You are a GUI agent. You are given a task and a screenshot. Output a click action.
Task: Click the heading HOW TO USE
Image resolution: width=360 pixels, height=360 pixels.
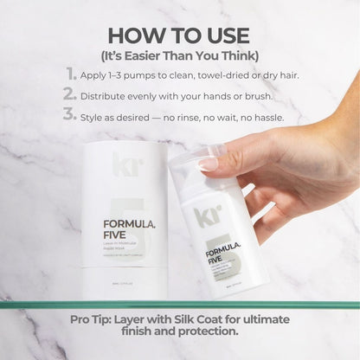179,35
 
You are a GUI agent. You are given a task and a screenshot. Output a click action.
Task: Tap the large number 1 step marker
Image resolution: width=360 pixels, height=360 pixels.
69,74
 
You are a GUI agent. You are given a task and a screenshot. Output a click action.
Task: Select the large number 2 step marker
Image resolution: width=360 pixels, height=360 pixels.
69,95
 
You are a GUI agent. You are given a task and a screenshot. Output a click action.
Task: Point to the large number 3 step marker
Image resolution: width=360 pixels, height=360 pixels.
69,115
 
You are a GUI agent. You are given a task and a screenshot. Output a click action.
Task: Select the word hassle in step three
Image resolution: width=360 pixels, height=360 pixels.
264,116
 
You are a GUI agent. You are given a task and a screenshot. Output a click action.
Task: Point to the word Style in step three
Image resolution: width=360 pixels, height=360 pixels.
99,116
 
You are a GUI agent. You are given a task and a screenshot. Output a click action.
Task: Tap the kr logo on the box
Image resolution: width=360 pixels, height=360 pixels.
120,163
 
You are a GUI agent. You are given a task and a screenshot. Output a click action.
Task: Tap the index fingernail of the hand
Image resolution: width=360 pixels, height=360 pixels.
209,162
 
